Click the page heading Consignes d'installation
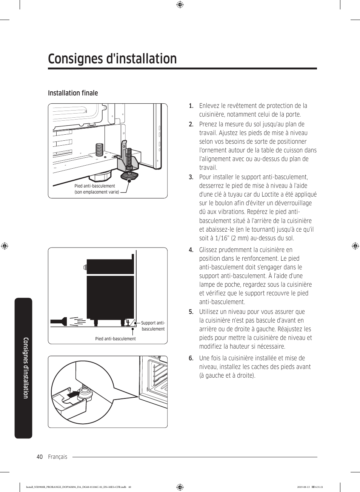click(x=112, y=59)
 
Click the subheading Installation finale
click(x=73, y=93)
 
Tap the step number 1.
click(x=191, y=106)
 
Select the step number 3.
click(x=191, y=177)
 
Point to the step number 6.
click(x=191, y=358)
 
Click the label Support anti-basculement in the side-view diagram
click(x=153, y=326)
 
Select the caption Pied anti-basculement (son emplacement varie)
click(x=97, y=189)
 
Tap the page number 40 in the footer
click(x=40, y=457)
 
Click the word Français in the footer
click(x=57, y=457)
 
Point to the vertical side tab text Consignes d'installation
click(x=26, y=368)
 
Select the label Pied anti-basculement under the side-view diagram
click(x=115, y=339)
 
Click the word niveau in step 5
click(x=231, y=312)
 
